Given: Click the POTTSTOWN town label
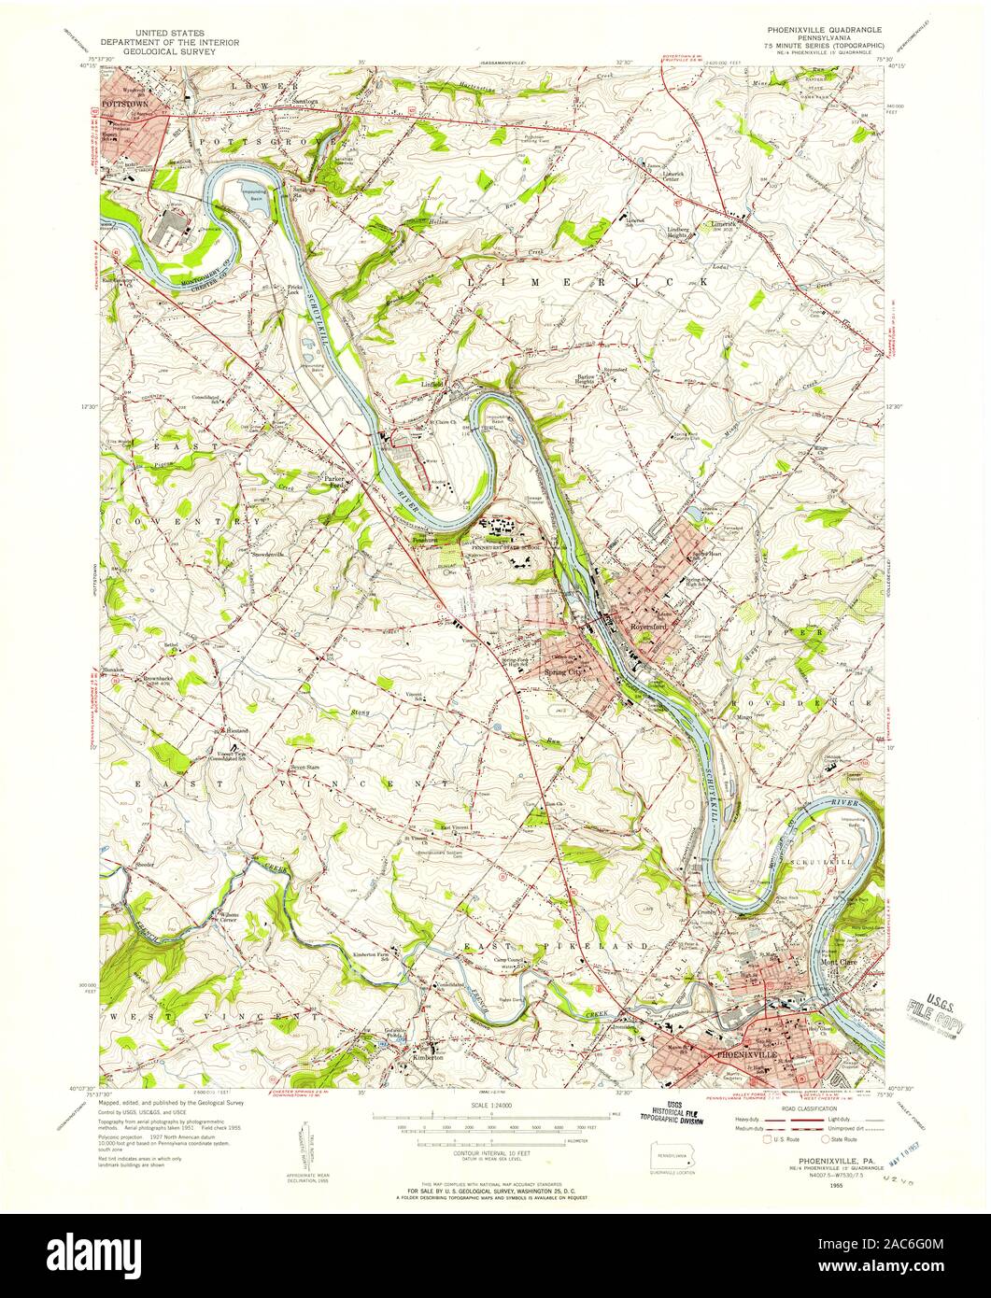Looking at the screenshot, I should [124, 96].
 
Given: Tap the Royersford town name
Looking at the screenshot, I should [645, 628].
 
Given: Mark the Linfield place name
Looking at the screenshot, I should [431, 384].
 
